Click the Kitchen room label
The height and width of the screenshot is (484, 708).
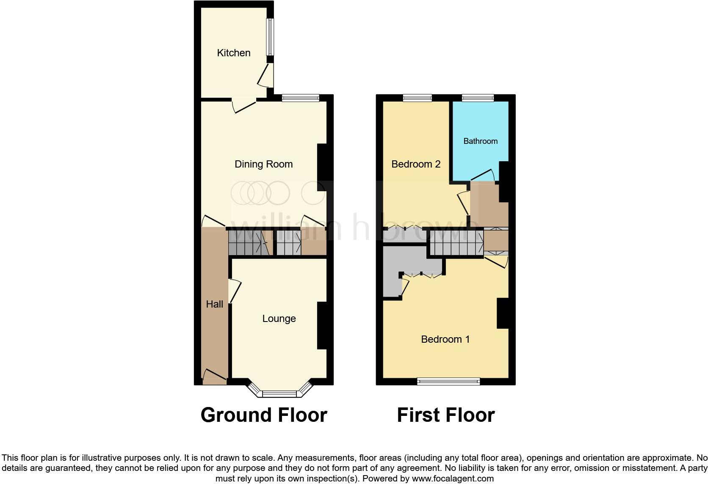pyautogui.click(x=233, y=53)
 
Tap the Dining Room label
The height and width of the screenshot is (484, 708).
pyautogui.click(x=263, y=164)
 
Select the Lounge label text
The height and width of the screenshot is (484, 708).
pyautogui.click(x=279, y=319)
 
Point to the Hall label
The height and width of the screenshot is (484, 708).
pyautogui.click(x=214, y=304)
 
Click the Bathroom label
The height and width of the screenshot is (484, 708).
pyautogui.click(x=480, y=141)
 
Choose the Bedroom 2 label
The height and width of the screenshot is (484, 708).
pyautogui.click(x=416, y=164)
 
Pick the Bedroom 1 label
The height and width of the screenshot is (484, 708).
pyautogui.click(x=445, y=339)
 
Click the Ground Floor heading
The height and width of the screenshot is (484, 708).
pyautogui.click(x=263, y=415)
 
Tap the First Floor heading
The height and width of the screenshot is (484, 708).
pyautogui.click(x=445, y=415)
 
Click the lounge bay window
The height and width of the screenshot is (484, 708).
pyautogui.click(x=279, y=393)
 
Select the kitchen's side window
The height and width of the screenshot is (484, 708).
pyautogui.click(x=269, y=36)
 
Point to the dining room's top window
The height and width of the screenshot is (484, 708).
pyautogui.click(x=300, y=98)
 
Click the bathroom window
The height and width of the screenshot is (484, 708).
pyautogui.click(x=478, y=98)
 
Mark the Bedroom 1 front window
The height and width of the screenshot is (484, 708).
pyautogui.click(x=448, y=382)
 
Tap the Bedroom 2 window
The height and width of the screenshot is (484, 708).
pyautogui.click(x=417, y=98)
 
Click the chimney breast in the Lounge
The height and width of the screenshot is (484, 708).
pyautogui.click(x=321, y=325)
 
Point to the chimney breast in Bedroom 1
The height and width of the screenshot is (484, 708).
pyautogui.click(x=503, y=313)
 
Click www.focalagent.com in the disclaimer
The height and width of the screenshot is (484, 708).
pyautogui.click(x=453, y=479)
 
